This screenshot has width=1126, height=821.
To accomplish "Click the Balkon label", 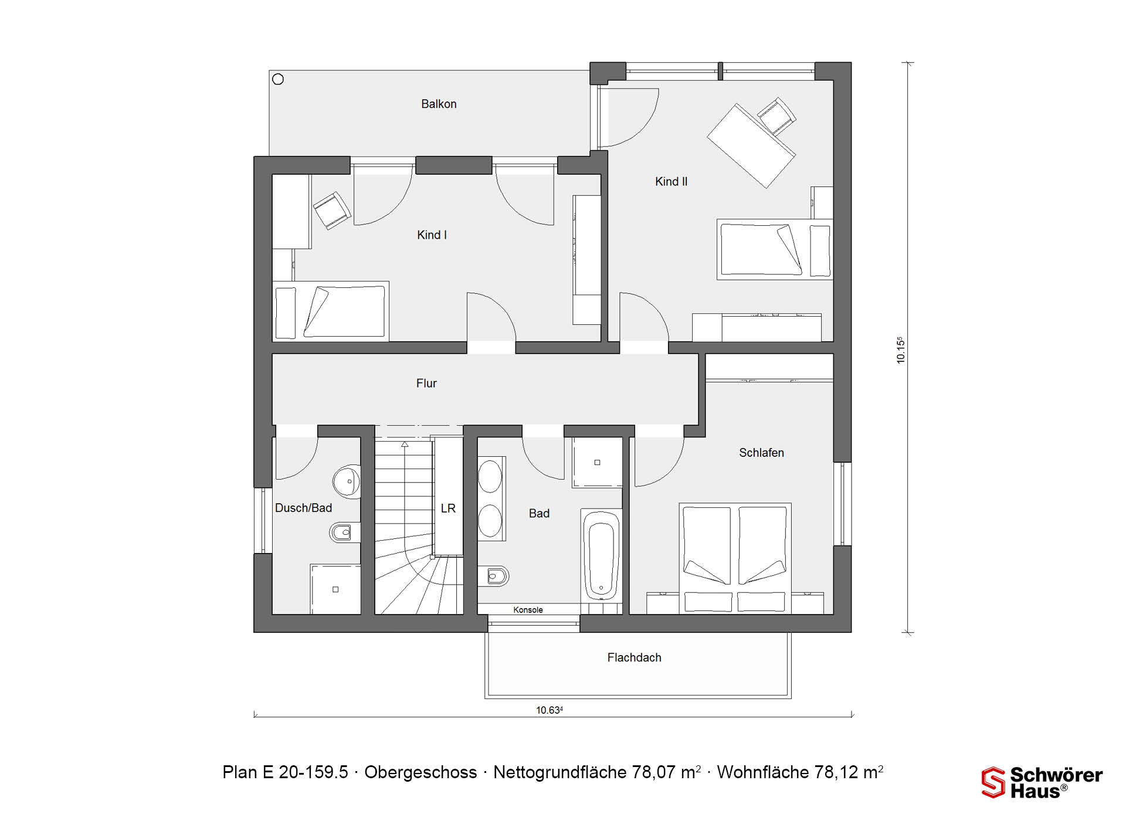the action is coord(439,104).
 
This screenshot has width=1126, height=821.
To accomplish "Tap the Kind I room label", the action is coord(432,235).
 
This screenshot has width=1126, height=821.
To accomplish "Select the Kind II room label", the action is coord(671,182).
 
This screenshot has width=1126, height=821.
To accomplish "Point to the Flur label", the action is coord(426,383).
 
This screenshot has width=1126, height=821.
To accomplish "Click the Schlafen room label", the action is coord(761,453).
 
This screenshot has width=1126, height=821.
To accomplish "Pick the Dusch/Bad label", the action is coord(303,508).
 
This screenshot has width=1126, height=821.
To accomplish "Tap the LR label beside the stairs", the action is coord(448,508).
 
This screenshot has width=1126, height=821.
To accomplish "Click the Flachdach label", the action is coord(634,657).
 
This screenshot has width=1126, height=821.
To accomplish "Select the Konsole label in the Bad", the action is coord(528,610).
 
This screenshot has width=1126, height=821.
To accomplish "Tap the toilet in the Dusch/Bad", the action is coord(345,532).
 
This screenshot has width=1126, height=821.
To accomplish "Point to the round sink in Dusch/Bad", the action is coord(347,481).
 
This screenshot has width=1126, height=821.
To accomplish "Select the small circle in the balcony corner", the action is coord(278,79).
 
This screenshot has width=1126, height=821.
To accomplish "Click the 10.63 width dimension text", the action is coord(550,710).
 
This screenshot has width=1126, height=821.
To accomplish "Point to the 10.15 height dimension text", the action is coord(901,350).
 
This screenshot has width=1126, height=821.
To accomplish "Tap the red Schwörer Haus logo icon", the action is coord(993,782).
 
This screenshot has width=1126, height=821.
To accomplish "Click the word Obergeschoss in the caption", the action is coord(420,772).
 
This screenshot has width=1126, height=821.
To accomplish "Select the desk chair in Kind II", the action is coord(776,116).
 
